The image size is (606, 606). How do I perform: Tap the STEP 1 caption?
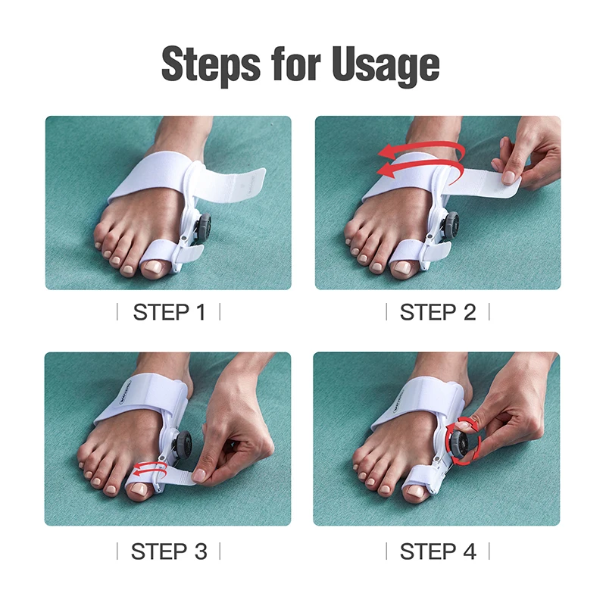click(169, 312)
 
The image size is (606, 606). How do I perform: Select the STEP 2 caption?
click(438, 312)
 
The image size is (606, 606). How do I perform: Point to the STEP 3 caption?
click(169, 551)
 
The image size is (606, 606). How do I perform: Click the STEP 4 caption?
click(438, 551)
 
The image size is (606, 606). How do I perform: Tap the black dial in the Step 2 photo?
click(451, 225)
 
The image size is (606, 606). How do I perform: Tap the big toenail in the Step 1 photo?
click(156, 267)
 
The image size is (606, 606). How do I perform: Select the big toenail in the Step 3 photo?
click(138, 492)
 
